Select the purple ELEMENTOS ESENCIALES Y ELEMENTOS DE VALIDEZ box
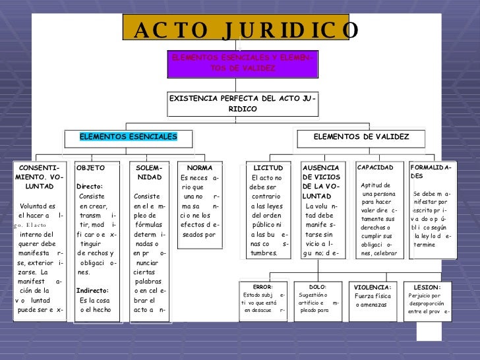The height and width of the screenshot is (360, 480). [x=243, y=63]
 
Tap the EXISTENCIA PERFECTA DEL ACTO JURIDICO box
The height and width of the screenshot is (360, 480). [x=243, y=104]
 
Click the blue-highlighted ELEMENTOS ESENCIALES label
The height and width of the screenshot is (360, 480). [x=129, y=136]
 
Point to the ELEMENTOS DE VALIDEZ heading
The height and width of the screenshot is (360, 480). [x=361, y=136]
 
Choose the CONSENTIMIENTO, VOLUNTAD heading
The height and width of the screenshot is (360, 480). [x=40, y=177]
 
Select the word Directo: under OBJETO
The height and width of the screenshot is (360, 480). [x=89, y=187]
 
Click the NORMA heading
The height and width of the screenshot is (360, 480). [x=200, y=168]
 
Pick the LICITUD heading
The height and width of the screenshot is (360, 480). [x=268, y=168]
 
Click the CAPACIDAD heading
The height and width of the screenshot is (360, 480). [x=376, y=167]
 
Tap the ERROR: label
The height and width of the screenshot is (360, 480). [x=262, y=287]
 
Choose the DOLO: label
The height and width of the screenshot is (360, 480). [x=318, y=287]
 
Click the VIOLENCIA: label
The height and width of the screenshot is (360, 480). [x=373, y=287]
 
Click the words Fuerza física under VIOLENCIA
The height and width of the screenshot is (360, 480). [x=373, y=295]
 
